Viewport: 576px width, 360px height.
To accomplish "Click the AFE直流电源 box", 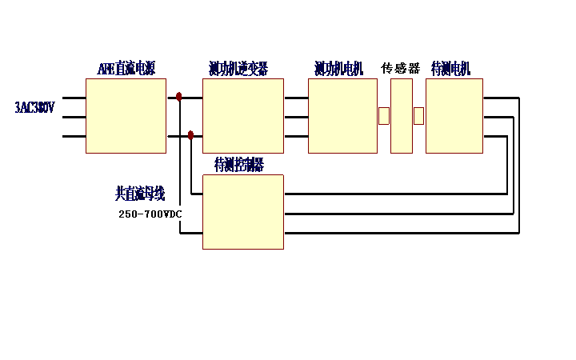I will click(126, 116).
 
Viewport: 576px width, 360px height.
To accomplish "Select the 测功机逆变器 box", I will click(243, 116).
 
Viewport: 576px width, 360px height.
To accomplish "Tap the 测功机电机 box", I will click(342, 116).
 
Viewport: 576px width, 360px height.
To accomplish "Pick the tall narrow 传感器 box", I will click(402, 116).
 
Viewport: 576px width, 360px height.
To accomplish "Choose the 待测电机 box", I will click(454, 116).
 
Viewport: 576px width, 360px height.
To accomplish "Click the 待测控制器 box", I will click(243, 212).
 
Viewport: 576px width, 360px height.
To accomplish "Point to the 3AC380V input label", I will click(34, 107).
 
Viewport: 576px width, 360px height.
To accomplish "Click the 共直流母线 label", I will click(140, 193).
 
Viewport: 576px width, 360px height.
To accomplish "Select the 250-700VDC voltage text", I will click(150, 214).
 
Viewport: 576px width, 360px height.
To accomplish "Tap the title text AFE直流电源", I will click(126, 69).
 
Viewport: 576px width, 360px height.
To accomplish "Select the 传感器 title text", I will click(400, 69).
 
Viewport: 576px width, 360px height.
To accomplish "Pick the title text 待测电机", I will click(451, 69).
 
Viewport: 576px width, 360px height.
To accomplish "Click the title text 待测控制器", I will click(239, 165).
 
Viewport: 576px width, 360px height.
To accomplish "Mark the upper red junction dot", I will click(179, 97).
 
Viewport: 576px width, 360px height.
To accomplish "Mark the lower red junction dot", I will click(190, 135).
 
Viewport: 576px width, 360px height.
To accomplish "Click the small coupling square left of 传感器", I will click(384, 116).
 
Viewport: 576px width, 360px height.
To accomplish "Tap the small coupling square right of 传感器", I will click(418, 116).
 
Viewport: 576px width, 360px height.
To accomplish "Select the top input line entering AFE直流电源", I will click(74, 98).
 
